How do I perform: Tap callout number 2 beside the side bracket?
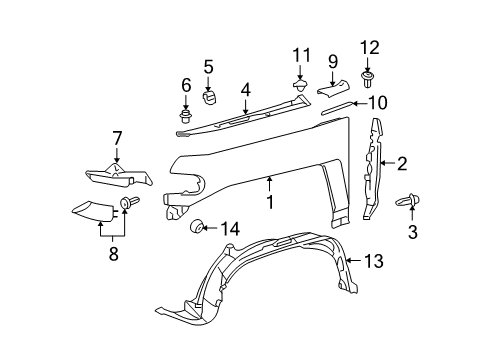click(x=401, y=164)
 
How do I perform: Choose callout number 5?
click(x=208, y=68)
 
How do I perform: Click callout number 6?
click(x=186, y=87)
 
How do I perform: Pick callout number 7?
click(x=116, y=138)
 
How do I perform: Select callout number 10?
click(x=377, y=102)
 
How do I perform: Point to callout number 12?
click(x=369, y=46)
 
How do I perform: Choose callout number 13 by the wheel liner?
click(x=373, y=261)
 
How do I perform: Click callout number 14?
click(x=231, y=229)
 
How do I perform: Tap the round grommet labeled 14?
click(x=198, y=228)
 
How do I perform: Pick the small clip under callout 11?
click(x=300, y=87)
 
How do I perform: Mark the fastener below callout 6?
click(x=186, y=114)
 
